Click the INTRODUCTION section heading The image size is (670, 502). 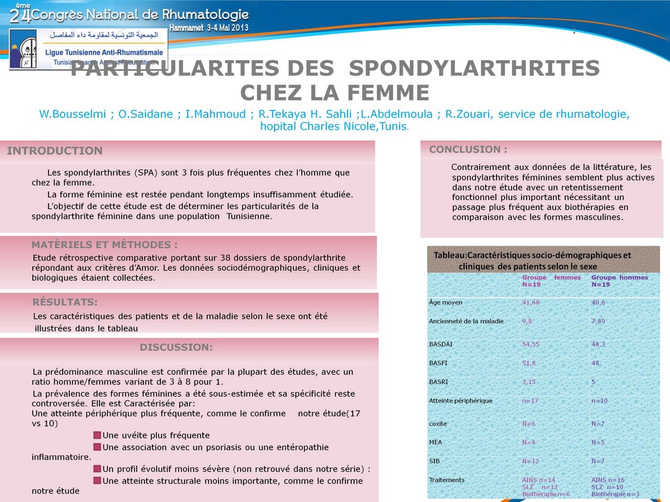[x=54, y=151]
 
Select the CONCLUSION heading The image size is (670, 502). [x=468, y=150]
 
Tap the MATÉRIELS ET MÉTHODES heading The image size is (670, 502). [x=104, y=245]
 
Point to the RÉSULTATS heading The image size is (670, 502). [x=65, y=302]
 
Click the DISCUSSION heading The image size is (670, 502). [x=176, y=347]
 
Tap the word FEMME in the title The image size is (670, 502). [x=388, y=92]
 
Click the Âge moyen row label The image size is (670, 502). [x=446, y=303]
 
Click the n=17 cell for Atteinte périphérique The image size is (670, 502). [x=530, y=401]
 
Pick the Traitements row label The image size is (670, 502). [x=446, y=480]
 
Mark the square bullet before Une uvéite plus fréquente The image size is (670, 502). [x=97, y=435]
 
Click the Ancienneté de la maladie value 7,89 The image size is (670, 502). [x=598, y=322]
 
